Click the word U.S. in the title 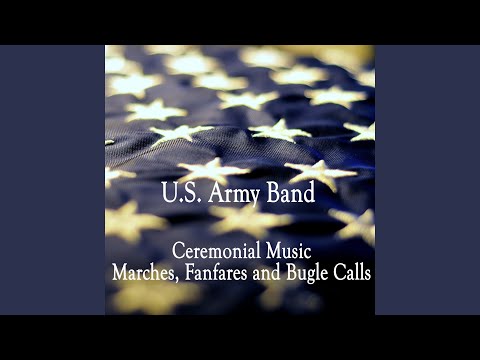180,193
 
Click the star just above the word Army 212,166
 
